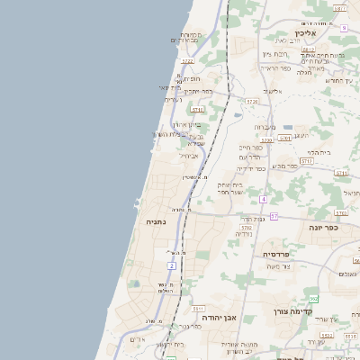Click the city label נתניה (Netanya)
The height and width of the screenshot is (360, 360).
pyautogui.click(x=155, y=221)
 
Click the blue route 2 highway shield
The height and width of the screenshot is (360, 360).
pyautogui.click(x=171, y=265)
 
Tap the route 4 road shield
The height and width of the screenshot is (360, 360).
pyautogui.click(x=263, y=199)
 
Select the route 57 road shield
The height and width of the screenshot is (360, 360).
pyautogui.click(x=274, y=216)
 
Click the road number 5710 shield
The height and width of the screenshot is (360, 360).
pyautogui.click(x=196, y=109)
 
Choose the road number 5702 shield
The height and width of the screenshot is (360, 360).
pyautogui.click(x=246, y=229)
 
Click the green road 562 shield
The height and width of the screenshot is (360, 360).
pyautogui.click(x=312, y=298)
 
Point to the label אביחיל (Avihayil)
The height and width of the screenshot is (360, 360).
pyautogui.click(x=189, y=155)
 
